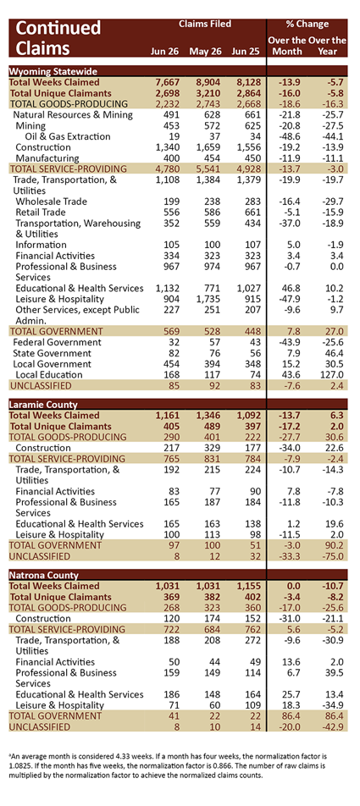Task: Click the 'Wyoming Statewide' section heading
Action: click(x=53, y=71)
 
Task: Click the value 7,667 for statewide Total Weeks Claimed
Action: click(x=169, y=82)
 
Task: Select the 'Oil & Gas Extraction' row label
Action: click(x=68, y=136)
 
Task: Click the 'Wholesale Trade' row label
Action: click(x=52, y=201)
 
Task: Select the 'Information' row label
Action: click(x=41, y=244)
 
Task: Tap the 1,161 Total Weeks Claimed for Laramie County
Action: click(x=169, y=415)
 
